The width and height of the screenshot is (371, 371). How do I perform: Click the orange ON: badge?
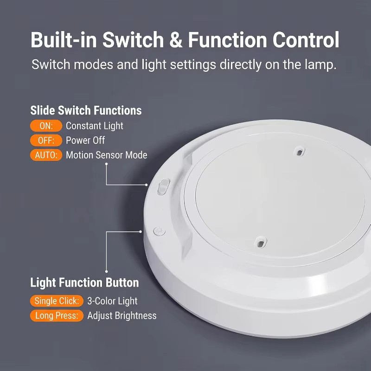coord(46,126)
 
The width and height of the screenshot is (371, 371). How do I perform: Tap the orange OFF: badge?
coord(46,141)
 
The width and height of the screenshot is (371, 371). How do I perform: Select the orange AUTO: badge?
coord(46,155)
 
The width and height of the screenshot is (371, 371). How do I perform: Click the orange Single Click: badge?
coord(57,301)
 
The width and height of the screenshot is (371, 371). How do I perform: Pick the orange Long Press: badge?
coord(57,316)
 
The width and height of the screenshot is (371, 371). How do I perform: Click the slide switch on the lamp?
coord(164,187)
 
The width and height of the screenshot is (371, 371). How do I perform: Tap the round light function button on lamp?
coord(159,231)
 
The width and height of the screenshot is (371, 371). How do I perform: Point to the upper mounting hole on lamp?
coord(299,152)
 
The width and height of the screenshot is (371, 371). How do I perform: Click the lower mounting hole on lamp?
coord(260,243)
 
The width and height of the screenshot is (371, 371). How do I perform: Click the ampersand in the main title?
coord(176,40)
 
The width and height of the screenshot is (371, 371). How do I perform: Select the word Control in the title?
coord(306,40)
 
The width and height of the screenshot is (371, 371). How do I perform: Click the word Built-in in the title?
coord(64,40)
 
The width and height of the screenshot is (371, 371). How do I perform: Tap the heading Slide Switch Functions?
coord(86,110)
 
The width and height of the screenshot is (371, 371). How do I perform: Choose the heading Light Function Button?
coord(84,282)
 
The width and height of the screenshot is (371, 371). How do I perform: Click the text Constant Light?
coord(95,126)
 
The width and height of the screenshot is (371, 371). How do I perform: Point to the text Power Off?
coord(85,141)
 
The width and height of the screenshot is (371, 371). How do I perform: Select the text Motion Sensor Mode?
coord(107,155)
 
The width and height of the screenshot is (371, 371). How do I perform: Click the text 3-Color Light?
coord(112,301)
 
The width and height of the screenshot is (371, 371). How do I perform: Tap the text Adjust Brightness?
coord(122,316)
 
